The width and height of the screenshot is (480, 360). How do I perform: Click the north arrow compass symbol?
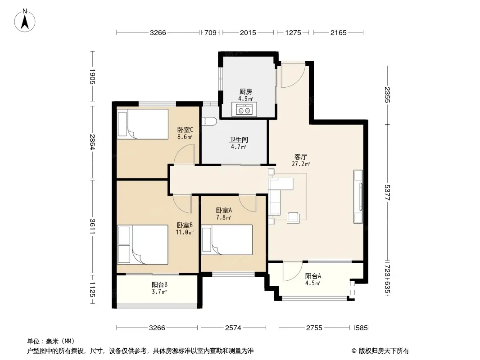(x=25, y=21)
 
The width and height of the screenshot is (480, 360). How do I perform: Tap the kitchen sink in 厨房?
(x=245, y=109)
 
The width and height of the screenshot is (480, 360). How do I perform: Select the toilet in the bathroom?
(x=209, y=121)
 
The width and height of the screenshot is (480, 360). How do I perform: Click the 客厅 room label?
(x=301, y=157)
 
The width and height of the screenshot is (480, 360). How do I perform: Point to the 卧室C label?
(x=185, y=130)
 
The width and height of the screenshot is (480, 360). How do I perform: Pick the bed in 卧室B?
(x=143, y=245)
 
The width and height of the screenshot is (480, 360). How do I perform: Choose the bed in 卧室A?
(x=227, y=240)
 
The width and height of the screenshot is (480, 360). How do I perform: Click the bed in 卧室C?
(x=143, y=124)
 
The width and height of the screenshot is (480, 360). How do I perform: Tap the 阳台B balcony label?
(x=159, y=284)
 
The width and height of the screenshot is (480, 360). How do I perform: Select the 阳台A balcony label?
(x=313, y=276)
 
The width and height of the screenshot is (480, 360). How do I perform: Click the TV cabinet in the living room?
(x=358, y=197)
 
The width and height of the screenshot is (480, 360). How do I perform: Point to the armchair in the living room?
(x=293, y=218)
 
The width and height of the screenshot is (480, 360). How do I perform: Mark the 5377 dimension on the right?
(x=388, y=193)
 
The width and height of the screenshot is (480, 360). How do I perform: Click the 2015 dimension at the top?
(x=248, y=32)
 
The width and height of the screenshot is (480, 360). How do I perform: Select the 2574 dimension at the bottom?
(x=233, y=328)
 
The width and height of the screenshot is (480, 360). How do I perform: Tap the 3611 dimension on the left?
(x=92, y=227)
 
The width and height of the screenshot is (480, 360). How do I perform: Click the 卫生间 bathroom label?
(x=239, y=140)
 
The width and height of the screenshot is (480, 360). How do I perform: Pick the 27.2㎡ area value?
(x=301, y=164)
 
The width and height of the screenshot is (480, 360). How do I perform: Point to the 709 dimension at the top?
(x=210, y=32)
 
